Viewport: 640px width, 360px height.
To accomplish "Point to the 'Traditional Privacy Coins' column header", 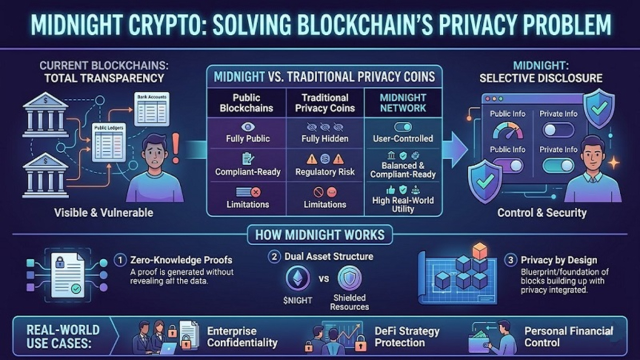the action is click(x=325, y=102).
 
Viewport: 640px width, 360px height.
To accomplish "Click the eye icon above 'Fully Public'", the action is click(x=247, y=126).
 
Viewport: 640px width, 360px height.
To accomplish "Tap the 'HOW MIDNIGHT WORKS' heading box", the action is click(x=320, y=234).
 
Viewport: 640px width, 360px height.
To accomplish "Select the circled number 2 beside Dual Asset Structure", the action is click(x=273, y=257).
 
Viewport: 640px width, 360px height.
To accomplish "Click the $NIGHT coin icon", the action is click(x=297, y=278).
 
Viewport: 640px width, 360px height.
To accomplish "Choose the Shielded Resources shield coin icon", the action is click(x=349, y=278).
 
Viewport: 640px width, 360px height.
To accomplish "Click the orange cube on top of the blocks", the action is click(x=479, y=250).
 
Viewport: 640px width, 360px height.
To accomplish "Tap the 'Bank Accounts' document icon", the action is click(x=151, y=108).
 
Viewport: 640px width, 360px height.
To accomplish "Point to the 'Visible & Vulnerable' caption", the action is click(x=103, y=213).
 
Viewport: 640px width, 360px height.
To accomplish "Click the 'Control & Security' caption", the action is click(x=541, y=213).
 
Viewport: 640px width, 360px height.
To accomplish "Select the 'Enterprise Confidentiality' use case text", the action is click(x=242, y=337).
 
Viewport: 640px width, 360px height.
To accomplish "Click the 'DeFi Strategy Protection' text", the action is click(x=406, y=337).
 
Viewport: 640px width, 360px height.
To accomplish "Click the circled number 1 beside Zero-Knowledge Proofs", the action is click(x=120, y=260).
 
